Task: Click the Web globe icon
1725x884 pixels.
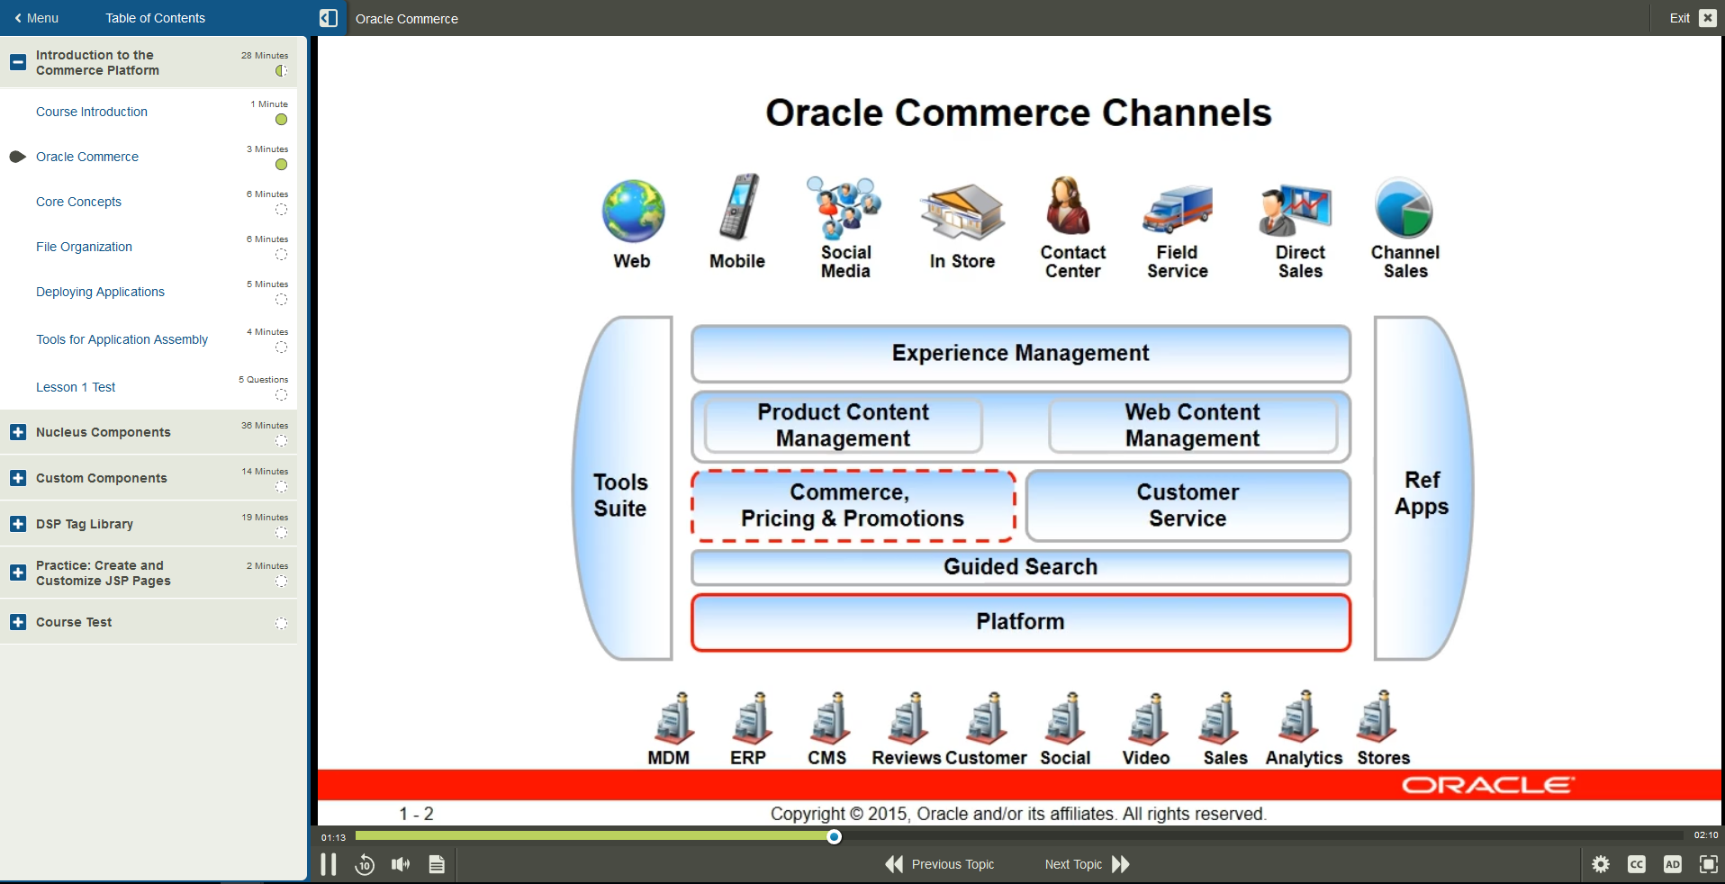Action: (633, 212)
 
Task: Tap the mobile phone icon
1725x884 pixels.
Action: (739, 207)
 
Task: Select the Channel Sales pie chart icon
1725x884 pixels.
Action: (1404, 210)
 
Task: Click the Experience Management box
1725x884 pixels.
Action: (1020, 353)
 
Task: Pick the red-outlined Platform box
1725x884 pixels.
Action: (1020, 621)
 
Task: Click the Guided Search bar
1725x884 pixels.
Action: (1020, 567)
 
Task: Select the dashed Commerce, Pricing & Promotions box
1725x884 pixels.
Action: (853, 505)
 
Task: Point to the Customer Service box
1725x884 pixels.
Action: (1188, 505)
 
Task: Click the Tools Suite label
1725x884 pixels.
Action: (620, 495)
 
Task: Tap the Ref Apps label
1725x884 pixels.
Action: (1422, 493)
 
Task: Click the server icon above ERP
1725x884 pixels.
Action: (751, 719)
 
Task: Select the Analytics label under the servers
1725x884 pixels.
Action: (1304, 758)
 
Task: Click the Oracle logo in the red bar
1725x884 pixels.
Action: (1486, 785)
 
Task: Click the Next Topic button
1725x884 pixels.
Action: (1086, 864)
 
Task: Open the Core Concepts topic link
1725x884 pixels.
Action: (78, 202)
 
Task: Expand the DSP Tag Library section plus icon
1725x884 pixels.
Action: (18, 524)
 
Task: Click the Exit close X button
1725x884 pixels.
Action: (1707, 18)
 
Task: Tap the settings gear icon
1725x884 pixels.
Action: (1600, 864)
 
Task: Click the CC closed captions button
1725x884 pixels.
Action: (1636, 864)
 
